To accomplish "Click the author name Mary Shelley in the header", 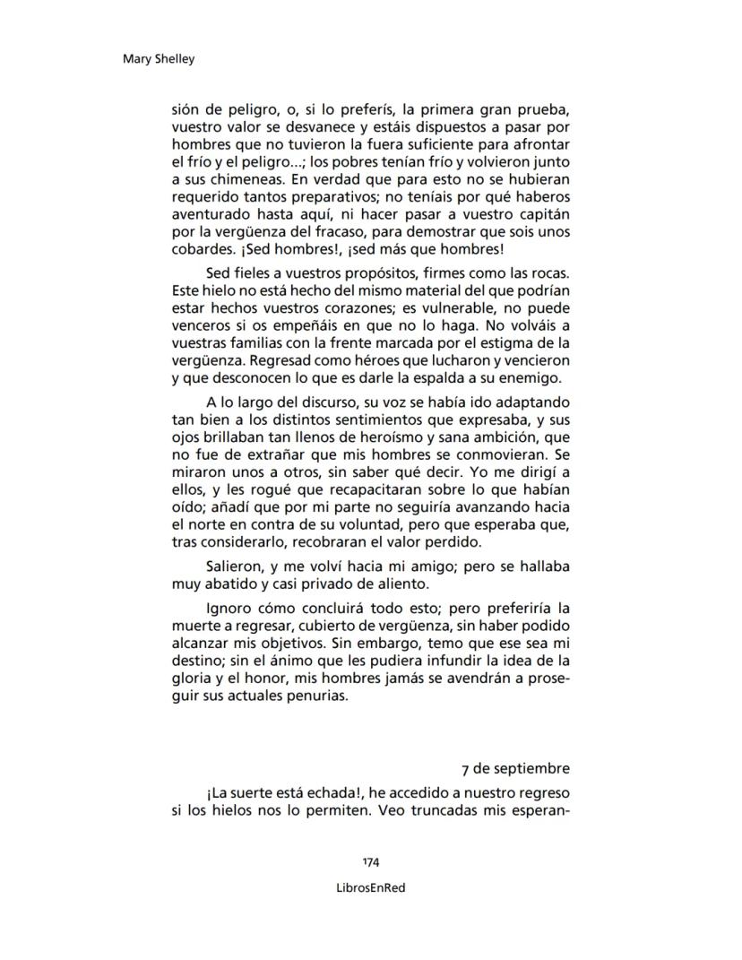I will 158,60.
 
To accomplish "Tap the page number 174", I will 371,862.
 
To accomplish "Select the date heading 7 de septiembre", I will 515,768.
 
